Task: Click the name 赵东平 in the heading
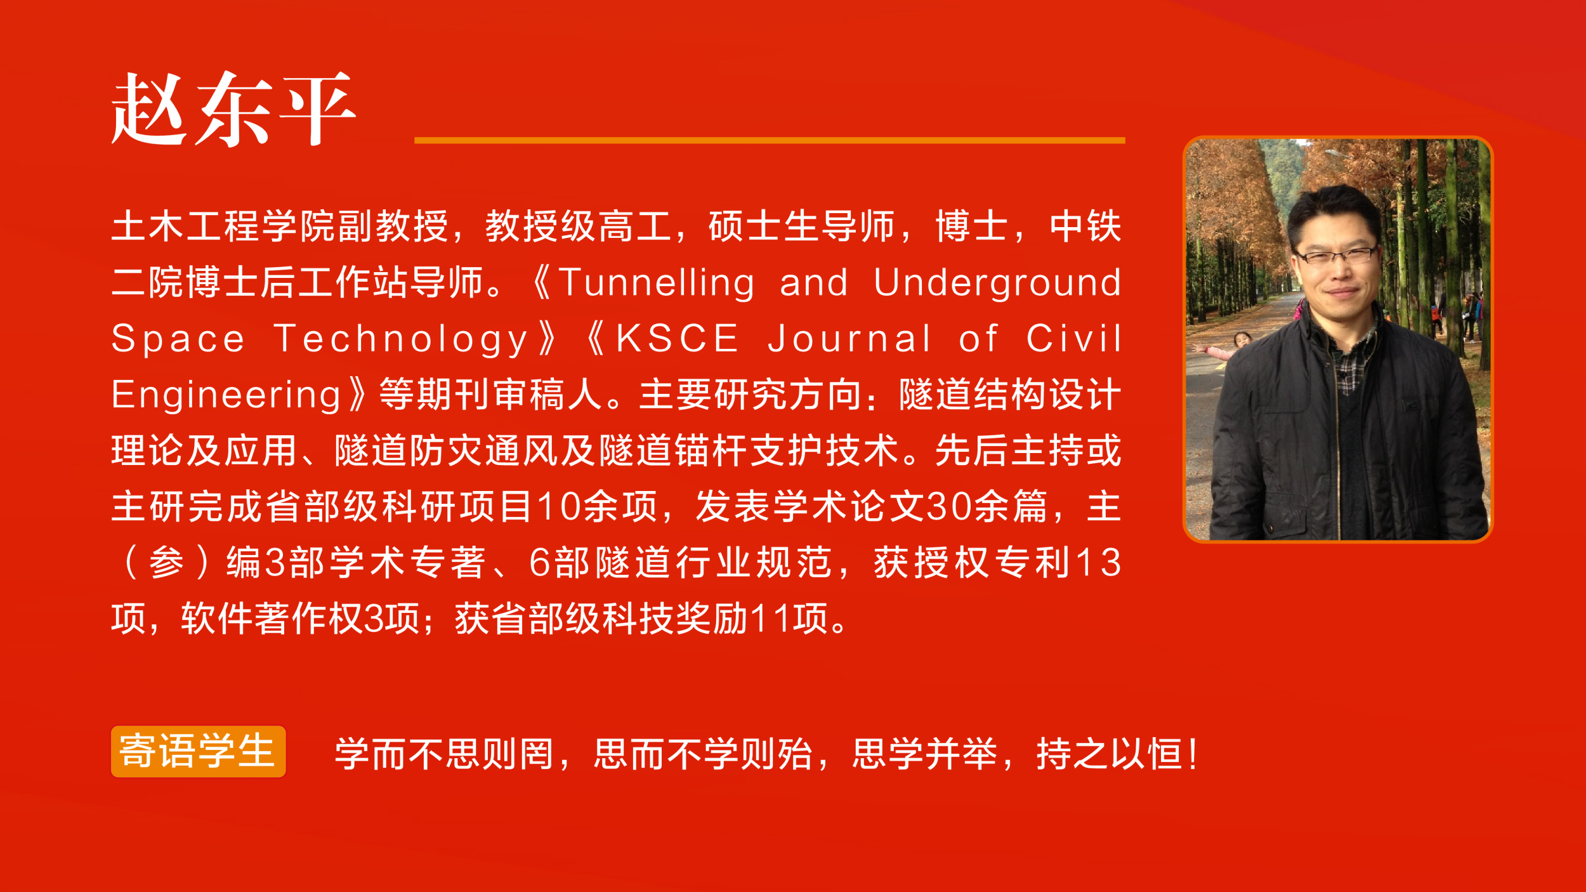point(233,108)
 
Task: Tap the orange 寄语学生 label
point(199,752)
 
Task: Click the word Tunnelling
point(657,284)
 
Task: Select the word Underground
point(997,284)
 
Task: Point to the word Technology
point(401,339)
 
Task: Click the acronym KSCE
point(677,338)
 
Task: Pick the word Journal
point(849,338)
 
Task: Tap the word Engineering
point(226,395)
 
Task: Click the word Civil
point(1073,338)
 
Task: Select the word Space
point(178,339)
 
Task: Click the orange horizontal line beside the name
point(770,140)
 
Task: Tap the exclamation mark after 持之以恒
point(1194,754)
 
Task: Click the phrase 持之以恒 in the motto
point(1110,754)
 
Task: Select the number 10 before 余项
point(560,507)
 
